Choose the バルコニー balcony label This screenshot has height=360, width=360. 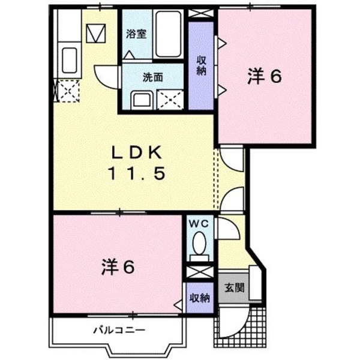(x=119, y=329)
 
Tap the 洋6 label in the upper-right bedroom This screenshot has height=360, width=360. (x=265, y=76)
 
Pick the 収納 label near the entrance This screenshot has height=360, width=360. (x=200, y=298)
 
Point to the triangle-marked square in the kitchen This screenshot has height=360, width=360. (x=96, y=32)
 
